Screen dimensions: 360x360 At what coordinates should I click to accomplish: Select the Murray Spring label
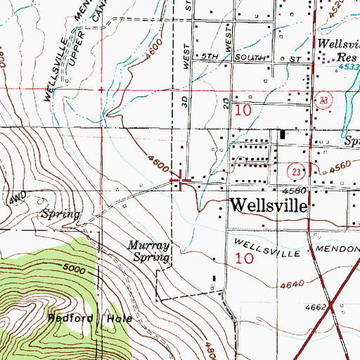[x=149, y=252]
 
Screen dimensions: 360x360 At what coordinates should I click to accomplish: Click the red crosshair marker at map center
[x=183, y=183]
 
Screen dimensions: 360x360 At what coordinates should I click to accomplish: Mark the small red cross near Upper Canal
[x=101, y=90]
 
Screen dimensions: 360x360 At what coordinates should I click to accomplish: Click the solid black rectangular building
[x=283, y=134]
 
